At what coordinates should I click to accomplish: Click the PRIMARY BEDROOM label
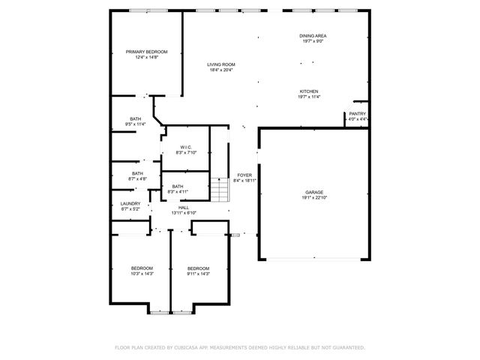tap(146, 52)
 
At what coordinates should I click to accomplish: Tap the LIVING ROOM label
tap(221, 64)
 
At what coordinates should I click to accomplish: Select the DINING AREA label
tap(313, 36)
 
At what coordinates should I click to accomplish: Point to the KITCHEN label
tap(309, 91)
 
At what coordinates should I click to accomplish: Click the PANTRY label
tap(358, 114)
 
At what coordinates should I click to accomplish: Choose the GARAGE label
tap(314, 193)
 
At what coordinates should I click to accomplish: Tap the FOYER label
tap(244, 175)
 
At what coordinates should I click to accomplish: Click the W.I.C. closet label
tap(186, 147)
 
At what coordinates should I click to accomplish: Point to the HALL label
tap(184, 208)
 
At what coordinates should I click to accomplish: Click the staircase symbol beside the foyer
tap(218, 190)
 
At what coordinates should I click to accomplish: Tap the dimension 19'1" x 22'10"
tap(314, 199)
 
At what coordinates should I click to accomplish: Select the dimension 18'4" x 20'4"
tap(221, 70)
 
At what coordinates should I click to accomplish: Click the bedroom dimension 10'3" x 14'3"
tap(142, 274)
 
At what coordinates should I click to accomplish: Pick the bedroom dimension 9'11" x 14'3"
tap(198, 274)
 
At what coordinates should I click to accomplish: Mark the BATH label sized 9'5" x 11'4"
tap(136, 118)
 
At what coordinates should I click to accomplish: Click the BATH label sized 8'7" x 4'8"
tap(137, 173)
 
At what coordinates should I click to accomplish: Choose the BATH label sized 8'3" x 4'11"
tap(178, 187)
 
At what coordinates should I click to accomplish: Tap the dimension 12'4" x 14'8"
tap(146, 58)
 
